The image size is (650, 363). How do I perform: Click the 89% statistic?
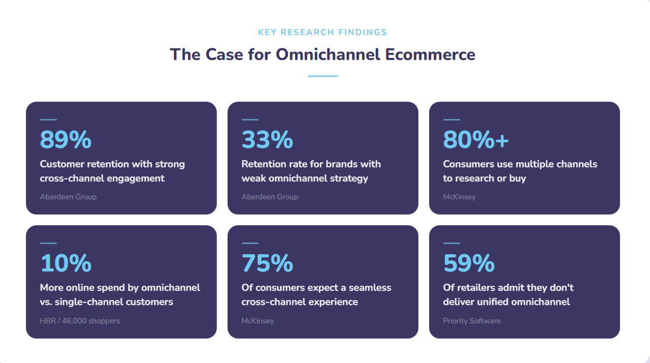(x=66, y=140)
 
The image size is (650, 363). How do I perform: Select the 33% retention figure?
(x=267, y=140)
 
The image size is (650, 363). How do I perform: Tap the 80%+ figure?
(x=476, y=140)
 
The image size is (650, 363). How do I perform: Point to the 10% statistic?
(x=66, y=263)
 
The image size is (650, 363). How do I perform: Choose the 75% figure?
(x=267, y=263)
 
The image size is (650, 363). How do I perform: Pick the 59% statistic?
(x=469, y=263)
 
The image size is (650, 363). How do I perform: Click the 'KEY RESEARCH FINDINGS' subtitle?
(x=322, y=33)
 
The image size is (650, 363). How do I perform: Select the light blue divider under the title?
(x=322, y=76)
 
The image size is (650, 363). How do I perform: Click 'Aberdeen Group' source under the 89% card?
(x=68, y=197)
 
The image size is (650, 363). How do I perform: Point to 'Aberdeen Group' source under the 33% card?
(x=270, y=197)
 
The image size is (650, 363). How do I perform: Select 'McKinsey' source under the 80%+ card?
(x=459, y=197)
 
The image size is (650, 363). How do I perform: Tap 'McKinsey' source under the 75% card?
(x=257, y=321)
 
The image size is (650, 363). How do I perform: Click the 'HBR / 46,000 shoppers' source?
(x=80, y=321)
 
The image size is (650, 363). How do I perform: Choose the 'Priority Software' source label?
(x=472, y=321)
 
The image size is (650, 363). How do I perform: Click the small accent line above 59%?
(x=451, y=244)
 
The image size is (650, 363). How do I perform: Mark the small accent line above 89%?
(x=48, y=120)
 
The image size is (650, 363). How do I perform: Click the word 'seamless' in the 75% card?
(x=370, y=288)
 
